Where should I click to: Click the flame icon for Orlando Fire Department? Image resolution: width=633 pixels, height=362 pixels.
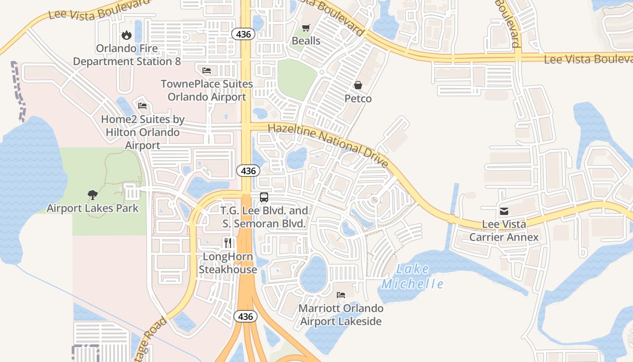pos(127,34)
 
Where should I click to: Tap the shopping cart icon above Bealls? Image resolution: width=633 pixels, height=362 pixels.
pos(306,28)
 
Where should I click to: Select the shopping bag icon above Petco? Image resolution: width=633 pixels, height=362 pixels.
pos(358,85)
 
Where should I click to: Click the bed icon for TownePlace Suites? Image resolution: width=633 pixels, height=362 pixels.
pos(207,70)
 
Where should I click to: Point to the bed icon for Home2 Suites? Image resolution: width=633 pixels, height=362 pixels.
pos(142,106)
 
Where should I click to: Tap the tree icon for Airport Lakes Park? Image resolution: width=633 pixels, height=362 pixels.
pos(93,195)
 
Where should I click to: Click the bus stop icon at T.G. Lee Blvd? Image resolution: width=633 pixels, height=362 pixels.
pos(264,197)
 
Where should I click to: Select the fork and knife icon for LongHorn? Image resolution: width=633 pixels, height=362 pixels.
pos(228,243)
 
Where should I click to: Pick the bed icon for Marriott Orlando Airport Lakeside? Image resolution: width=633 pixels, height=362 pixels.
pos(341,295)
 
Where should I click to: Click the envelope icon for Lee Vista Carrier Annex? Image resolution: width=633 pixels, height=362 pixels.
pos(504,211)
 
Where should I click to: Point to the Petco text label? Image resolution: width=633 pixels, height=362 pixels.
pos(358,99)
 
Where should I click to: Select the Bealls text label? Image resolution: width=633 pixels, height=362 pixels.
pos(306,41)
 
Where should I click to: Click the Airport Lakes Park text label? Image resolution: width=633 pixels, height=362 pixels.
pos(93,209)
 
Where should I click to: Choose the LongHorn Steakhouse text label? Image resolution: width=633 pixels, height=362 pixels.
pos(228,263)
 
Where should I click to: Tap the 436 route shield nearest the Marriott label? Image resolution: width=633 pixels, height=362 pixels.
pos(246,316)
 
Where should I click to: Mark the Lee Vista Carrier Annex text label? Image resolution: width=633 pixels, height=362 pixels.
pos(504,231)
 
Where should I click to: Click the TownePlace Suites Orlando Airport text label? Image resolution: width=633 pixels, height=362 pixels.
pos(207,90)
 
